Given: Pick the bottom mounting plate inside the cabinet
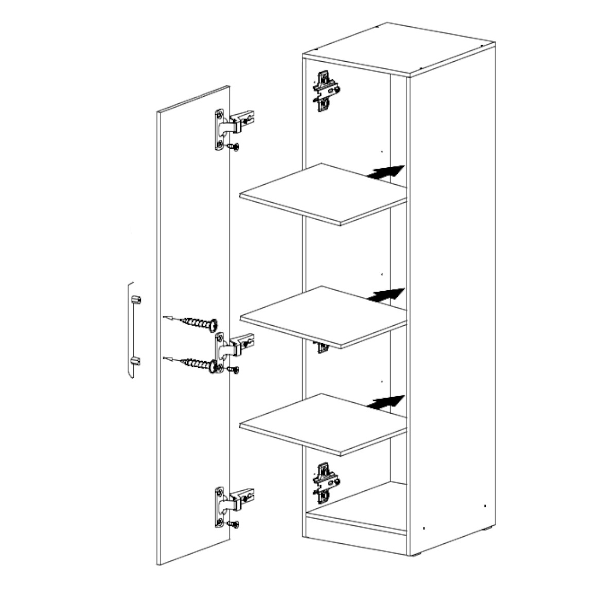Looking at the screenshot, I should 326,482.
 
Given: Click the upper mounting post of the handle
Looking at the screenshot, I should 136,299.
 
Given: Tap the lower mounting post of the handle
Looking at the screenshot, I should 136,361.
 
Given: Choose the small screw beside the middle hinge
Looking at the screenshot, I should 235,369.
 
